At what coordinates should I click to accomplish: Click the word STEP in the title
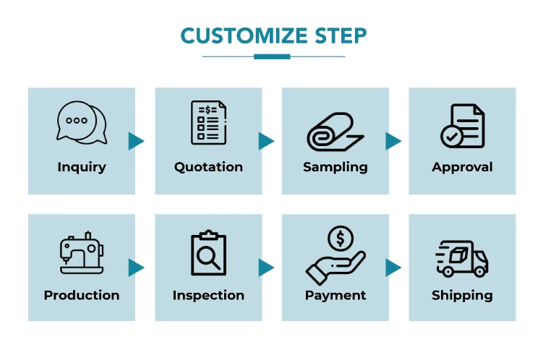tap(341, 35)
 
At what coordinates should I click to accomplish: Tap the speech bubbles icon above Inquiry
tap(81, 122)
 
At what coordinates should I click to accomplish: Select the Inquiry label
tap(82, 167)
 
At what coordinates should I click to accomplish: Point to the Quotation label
tap(208, 167)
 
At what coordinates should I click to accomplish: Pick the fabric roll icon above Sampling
tap(335, 130)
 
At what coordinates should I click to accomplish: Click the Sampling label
tap(335, 167)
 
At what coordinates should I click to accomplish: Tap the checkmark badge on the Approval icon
tap(452, 136)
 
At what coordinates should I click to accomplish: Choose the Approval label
tap(462, 167)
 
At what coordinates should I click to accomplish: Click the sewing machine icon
tap(81, 252)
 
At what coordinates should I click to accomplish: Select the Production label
tap(82, 295)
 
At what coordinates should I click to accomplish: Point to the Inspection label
tap(208, 295)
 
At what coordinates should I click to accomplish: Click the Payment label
tap(335, 295)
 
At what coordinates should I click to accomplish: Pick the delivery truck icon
tap(462, 258)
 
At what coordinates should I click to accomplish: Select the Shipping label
tap(462, 295)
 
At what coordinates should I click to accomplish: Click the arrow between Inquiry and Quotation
tap(136, 141)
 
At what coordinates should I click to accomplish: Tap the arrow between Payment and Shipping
tap(393, 268)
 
